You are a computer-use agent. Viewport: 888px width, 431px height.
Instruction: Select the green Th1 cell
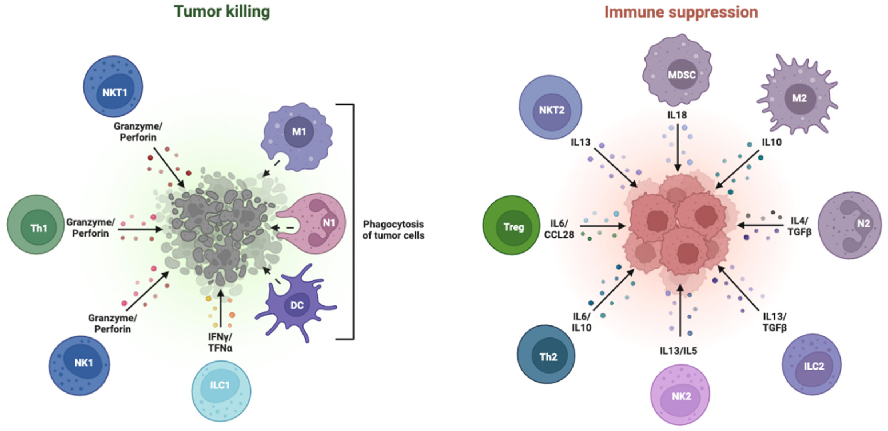point(36,225)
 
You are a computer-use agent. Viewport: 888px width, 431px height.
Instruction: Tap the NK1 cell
point(80,365)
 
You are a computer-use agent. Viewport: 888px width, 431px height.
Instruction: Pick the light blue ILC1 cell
point(221,390)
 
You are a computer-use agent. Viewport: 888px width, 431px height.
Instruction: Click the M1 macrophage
point(297,136)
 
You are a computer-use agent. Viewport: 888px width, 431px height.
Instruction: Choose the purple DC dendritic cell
point(296,303)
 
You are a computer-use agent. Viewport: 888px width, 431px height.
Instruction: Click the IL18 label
point(677,115)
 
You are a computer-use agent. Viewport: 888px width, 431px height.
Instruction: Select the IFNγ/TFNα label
point(220,342)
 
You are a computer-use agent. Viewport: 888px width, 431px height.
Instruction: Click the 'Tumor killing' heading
point(222,12)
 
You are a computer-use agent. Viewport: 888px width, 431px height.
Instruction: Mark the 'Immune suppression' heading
point(681,12)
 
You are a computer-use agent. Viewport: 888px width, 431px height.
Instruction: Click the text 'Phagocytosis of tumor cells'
point(393,230)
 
